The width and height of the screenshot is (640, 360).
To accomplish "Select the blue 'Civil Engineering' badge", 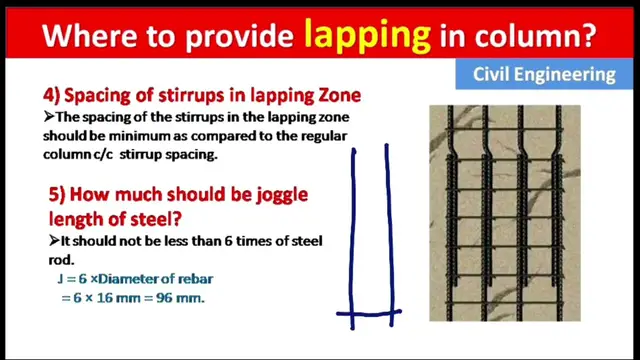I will pyautogui.click(x=544, y=73).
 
